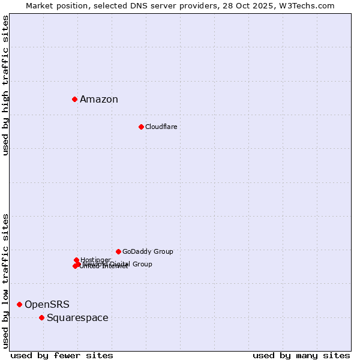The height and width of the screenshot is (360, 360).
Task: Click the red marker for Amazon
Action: click(x=74, y=99)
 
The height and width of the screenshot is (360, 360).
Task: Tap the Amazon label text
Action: click(x=99, y=100)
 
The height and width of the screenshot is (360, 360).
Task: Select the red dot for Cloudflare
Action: click(x=141, y=127)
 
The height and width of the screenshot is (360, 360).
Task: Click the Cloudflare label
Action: click(x=161, y=127)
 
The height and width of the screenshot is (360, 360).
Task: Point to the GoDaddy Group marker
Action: click(x=118, y=251)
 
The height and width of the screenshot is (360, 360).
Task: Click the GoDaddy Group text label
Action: click(x=148, y=251)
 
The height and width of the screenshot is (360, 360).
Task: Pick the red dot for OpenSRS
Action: click(x=19, y=304)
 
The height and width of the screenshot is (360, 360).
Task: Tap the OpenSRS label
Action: click(x=47, y=305)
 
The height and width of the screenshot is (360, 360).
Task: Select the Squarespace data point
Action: click(x=41, y=317)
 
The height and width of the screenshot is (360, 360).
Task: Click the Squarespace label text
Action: click(x=77, y=318)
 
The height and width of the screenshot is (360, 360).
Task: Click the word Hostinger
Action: click(x=95, y=260)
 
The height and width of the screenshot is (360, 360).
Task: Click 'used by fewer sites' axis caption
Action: click(x=62, y=355)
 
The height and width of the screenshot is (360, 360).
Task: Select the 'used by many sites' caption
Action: click(x=301, y=355)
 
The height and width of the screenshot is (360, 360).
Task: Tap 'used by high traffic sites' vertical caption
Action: click(x=6, y=85)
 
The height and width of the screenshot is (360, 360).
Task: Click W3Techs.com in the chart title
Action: click(x=310, y=5)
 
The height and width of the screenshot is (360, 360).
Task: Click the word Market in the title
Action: click(x=40, y=5)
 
